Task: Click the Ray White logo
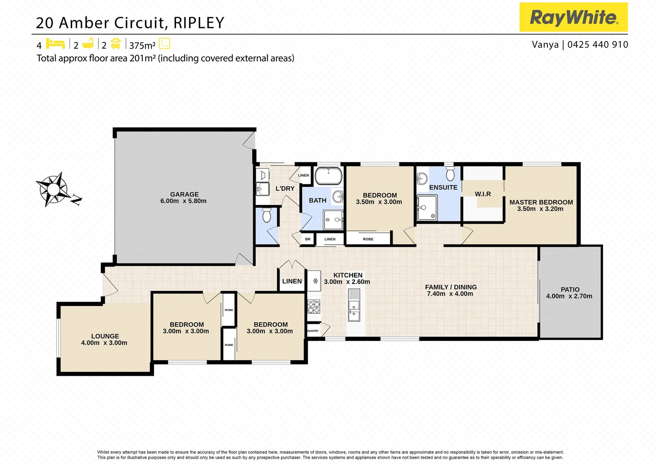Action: [x=573, y=17]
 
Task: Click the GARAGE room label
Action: [x=184, y=195]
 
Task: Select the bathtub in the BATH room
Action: [x=328, y=176]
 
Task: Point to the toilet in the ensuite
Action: [x=450, y=174]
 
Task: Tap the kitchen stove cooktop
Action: [x=314, y=307]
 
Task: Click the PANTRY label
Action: [x=313, y=331]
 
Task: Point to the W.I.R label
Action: [x=483, y=194]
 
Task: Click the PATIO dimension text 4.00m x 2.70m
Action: [x=569, y=296]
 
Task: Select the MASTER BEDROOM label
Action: [x=541, y=202]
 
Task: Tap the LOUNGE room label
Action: [x=105, y=336]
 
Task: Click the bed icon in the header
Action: [x=55, y=44]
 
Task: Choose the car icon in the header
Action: [x=116, y=44]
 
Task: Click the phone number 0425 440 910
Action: [x=597, y=45]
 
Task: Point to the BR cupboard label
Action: [x=308, y=239]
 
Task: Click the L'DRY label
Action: [x=285, y=189]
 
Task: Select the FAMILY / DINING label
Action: [x=451, y=287]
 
